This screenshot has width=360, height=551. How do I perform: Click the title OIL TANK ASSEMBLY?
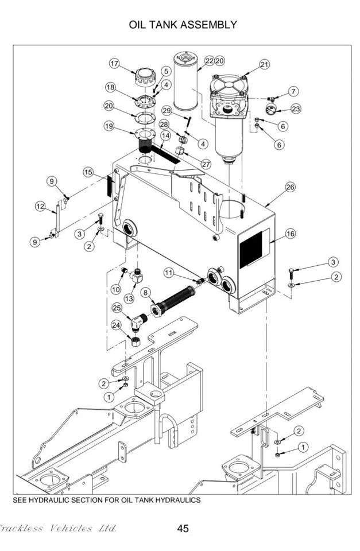click(183, 25)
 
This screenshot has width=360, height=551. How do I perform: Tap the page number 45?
click(183, 529)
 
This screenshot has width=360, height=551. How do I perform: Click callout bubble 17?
click(115, 63)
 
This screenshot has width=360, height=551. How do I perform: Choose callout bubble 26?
click(290, 187)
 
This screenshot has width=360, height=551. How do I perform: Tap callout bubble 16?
click(291, 234)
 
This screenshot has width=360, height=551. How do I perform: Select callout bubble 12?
click(40, 206)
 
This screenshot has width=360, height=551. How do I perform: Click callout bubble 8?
click(145, 292)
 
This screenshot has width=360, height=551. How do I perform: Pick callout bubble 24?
click(117, 326)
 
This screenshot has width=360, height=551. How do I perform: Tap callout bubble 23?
click(296, 108)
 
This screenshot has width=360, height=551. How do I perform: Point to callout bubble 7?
click(293, 91)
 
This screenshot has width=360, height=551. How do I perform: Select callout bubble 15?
click(88, 172)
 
